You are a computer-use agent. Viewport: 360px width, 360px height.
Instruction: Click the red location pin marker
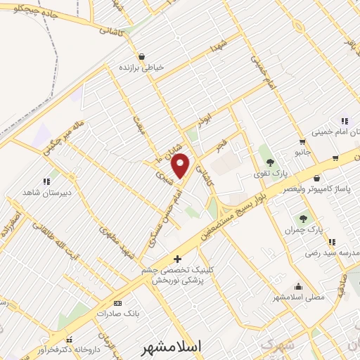pyautogui.click(x=181, y=165)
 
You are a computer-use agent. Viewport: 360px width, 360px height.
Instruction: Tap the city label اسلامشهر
pyautogui.click(x=171, y=347)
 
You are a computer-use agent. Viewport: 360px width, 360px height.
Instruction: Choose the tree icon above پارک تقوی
pyautogui.click(x=270, y=163)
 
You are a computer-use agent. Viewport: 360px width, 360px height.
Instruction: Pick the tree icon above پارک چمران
pyautogui.click(x=304, y=219)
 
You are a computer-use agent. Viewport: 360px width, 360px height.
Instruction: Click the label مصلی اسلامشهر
pyautogui.click(x=299, y=297)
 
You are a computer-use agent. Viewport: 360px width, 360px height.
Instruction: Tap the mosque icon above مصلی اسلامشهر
pyautogui.click(x=299, y=286)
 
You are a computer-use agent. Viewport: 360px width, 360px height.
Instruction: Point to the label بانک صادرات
pyautogui.click(x=115, y=314)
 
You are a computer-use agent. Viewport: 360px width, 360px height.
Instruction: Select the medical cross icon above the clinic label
pyautogui.click(x=177, y=258)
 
